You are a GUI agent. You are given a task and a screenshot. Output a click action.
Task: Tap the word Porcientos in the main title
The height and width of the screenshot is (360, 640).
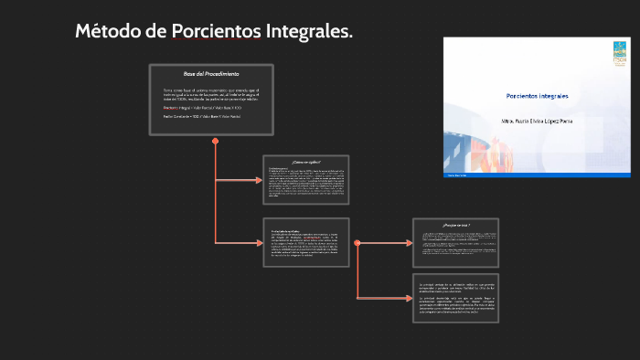[x=216, y=33]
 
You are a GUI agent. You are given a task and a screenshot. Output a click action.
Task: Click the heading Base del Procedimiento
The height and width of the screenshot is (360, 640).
[x=211, y=73]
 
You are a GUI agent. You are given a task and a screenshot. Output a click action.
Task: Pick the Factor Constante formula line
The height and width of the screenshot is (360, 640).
[x=202, y=116]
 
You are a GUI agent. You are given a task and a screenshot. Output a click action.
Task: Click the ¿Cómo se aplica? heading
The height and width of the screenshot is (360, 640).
[x=305, y=162]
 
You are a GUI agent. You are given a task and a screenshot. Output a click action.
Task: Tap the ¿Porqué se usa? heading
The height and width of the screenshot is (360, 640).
[x=455, y=224]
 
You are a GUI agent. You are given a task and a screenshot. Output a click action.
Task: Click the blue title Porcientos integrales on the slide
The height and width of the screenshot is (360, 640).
[x=538, y=96]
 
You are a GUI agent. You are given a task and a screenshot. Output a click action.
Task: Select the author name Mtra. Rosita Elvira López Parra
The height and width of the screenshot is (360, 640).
[x=539, y=120]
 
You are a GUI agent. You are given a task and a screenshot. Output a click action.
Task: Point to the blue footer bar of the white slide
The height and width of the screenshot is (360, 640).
[x=538, y=173]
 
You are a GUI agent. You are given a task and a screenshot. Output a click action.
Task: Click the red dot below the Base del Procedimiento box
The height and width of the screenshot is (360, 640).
[x=215, y=142]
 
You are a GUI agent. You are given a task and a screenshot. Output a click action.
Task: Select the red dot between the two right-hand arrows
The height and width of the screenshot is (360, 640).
[x=357, y=243]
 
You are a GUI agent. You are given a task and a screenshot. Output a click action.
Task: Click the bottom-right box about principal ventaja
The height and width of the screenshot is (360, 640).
[x=455, y=298]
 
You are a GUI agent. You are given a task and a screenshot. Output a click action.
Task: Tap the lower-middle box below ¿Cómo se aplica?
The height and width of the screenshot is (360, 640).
[x=305, y=243]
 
